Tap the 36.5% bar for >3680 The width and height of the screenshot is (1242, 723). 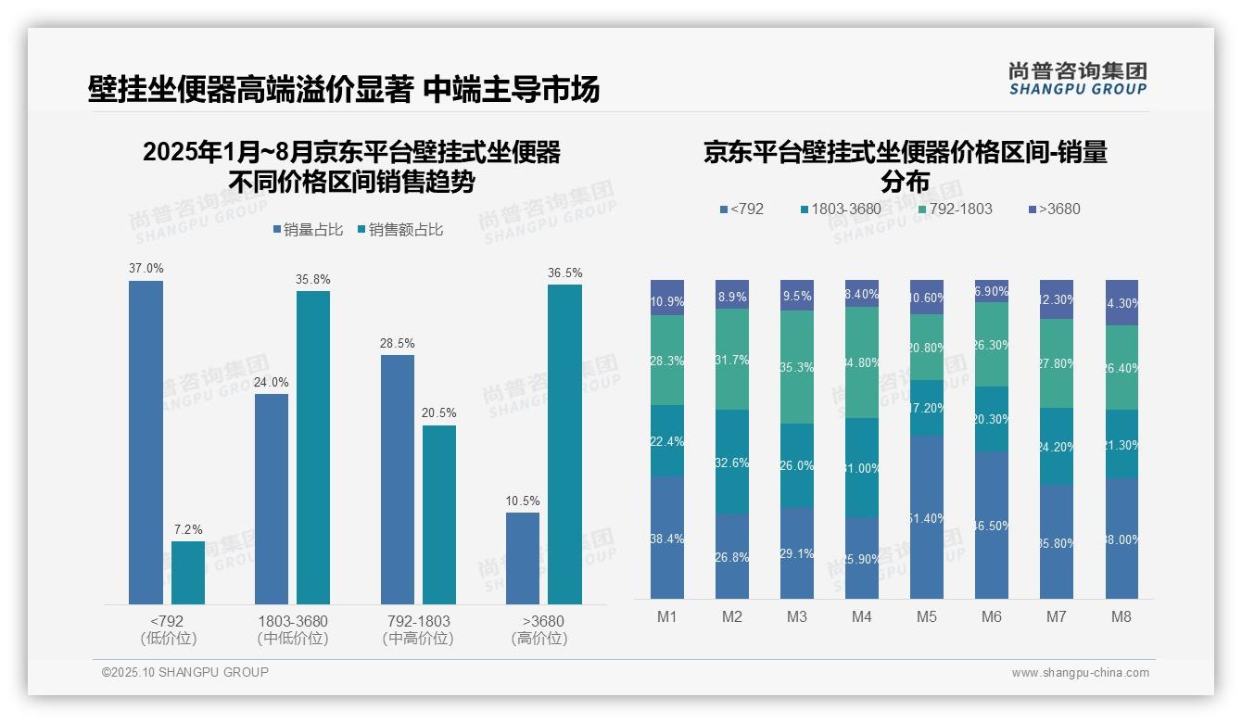[564, 444]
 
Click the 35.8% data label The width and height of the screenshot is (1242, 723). [313, 279]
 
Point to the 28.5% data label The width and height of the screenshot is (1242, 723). [397, 343]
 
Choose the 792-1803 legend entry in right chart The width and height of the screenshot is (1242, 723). [955, 209]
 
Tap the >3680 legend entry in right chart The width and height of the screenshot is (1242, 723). [1054, 209]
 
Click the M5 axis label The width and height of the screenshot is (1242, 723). [927, 616]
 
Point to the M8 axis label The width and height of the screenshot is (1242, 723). [1122, 616]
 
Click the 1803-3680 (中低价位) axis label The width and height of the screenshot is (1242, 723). [293, 628]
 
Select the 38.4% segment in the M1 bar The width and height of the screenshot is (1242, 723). [667, 538]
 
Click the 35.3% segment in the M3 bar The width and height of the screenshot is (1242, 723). [797, 367]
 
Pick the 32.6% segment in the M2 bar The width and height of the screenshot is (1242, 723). [732, 462]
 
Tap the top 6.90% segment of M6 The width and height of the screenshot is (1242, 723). [992, 291]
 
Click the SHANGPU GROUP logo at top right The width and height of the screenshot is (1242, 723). [1077, 79]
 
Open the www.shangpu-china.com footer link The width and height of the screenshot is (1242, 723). [1080, 673]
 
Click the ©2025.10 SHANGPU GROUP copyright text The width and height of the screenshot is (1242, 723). [185, 672]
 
